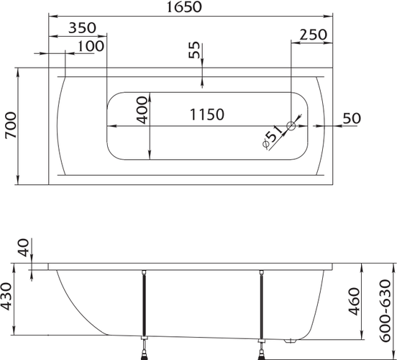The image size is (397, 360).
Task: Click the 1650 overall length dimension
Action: [184, 7]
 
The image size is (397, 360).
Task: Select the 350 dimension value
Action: [83, 27]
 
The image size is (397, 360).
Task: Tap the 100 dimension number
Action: [91, 46]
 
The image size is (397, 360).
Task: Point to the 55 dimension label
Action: [194, 50]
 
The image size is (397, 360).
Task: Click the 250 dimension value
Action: [313, 35]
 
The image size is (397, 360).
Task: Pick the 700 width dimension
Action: [11, 125]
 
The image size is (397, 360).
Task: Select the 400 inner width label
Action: [142, 110]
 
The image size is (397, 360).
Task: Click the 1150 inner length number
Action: [207, 114]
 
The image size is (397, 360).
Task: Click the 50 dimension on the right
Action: [352, 118]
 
